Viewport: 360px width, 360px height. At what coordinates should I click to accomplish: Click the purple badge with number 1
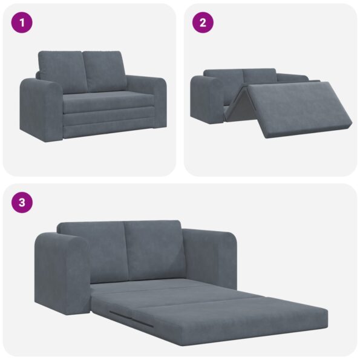(x=22, y=23)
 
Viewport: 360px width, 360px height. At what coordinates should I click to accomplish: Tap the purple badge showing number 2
(x=203, y=23)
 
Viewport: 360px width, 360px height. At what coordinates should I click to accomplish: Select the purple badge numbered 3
(x=22, y=202)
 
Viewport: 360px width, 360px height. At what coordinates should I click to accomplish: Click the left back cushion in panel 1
(x=61, y=71)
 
